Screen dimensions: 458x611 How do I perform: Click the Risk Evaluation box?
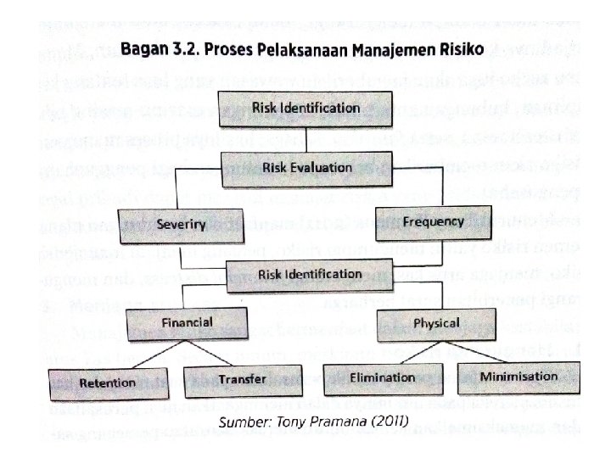tap(294, 166)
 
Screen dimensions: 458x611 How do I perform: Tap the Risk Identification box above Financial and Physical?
tap(294, 274)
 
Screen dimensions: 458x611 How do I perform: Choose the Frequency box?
tap(433, 221)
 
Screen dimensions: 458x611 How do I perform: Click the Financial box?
tap(182, 322)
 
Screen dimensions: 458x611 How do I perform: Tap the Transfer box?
tap(241, 379)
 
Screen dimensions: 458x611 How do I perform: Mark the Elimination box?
tap(381, 377)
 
